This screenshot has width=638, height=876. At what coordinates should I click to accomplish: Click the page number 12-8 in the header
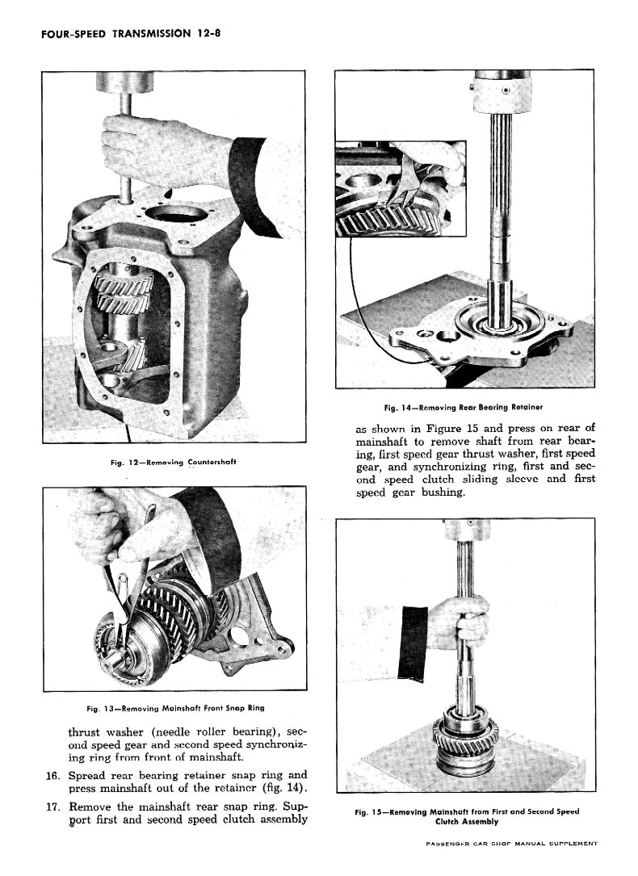(208, 33)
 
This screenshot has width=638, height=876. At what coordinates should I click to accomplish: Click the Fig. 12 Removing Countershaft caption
(173, 462)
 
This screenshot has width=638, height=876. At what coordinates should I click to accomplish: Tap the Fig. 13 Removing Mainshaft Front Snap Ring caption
(175, 708)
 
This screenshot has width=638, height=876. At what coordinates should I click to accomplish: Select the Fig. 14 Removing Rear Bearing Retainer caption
(463, 407)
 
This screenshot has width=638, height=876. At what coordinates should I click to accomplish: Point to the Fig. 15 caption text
(467, 816)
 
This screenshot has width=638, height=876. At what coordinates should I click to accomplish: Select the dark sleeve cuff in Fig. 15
(413, 644)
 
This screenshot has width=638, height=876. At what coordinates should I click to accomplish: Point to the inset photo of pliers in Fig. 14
(401, 188)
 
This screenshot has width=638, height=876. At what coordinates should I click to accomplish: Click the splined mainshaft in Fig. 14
(499, 224)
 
